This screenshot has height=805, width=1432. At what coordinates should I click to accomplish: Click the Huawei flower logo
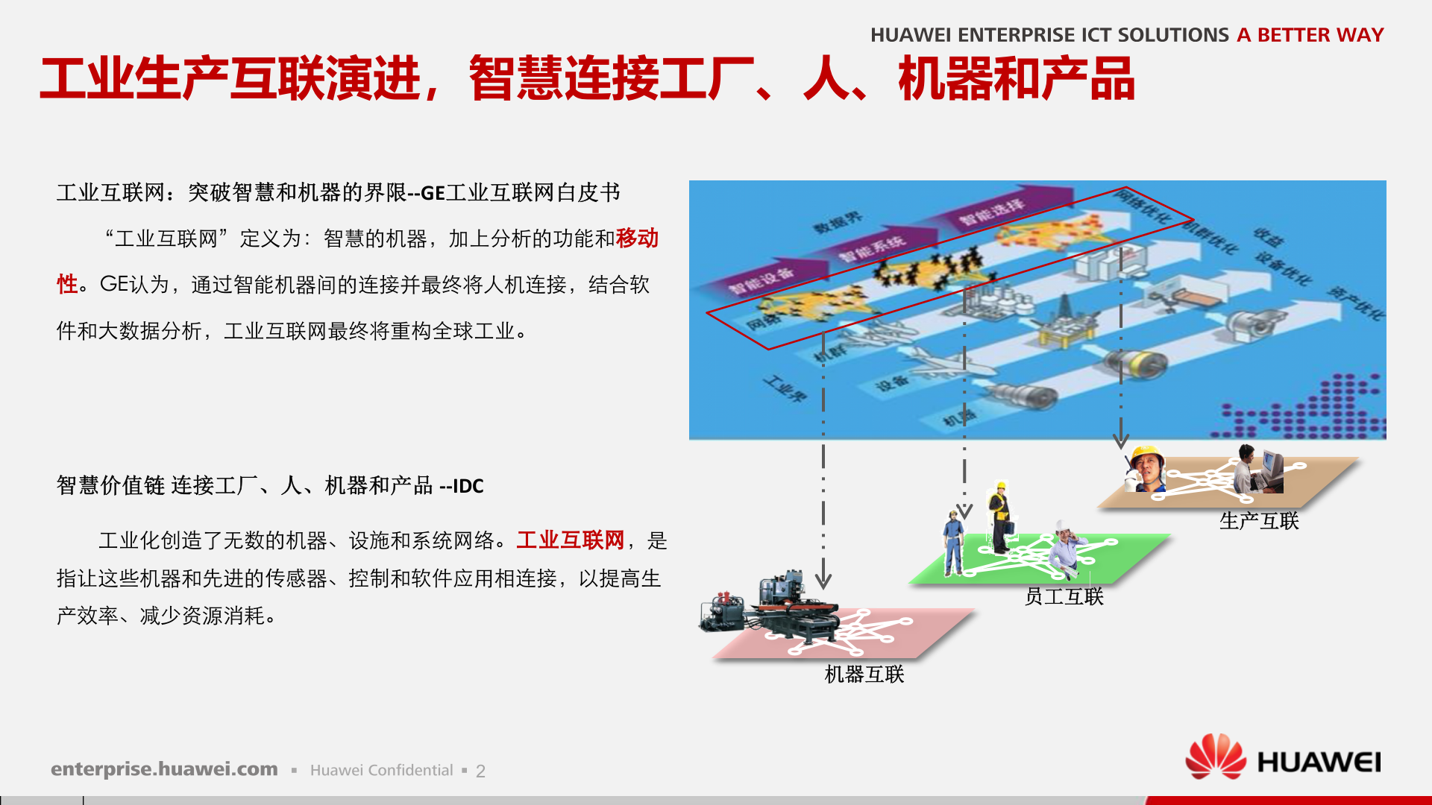point(1215,757)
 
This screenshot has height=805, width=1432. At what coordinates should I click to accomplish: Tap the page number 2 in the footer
point(480,771)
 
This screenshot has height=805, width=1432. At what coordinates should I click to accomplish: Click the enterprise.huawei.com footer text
point(164,769)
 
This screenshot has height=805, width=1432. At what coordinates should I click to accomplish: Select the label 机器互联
point(864,675)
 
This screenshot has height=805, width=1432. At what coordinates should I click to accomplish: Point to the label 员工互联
point(1064,596)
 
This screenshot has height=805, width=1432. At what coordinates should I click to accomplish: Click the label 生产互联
point(1259,521)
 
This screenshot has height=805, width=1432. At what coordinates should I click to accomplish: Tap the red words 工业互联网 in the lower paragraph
point(571,540)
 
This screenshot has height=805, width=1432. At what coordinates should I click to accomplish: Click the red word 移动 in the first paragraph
point(637,239)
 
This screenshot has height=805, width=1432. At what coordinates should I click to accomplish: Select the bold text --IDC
point(462,486)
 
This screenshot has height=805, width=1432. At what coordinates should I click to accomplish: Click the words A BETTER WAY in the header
point(1310,35)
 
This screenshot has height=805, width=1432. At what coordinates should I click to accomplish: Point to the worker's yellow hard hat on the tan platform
point(1146,454)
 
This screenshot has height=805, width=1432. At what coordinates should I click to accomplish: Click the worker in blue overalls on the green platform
point(953,542)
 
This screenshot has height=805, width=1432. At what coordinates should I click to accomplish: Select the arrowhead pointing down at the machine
point(823,580)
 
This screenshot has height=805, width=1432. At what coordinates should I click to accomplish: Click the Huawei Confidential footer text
point(381,771)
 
